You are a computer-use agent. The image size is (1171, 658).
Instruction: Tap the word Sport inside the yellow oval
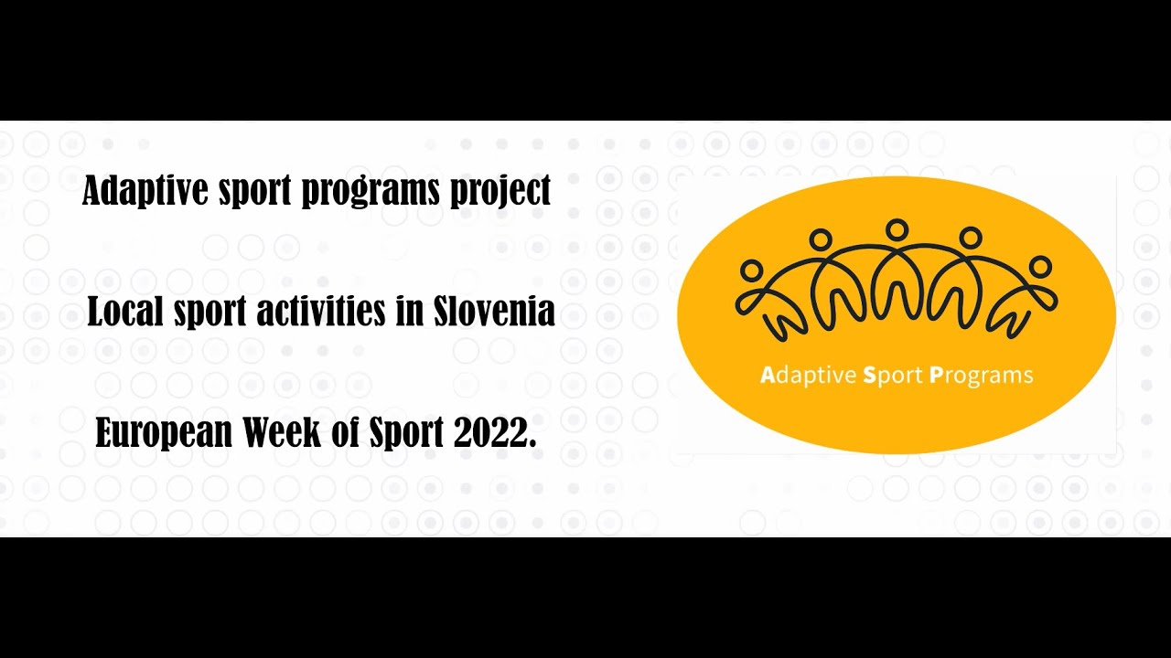893,376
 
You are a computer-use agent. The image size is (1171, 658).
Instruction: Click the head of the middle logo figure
897,229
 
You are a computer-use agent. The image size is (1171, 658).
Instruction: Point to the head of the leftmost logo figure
751,270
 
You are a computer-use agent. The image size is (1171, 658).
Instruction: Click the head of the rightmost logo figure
1040,266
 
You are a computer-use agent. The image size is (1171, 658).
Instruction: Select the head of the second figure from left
821,239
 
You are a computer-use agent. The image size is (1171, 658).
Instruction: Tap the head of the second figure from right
971,238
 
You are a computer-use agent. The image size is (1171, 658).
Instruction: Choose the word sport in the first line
252,192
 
